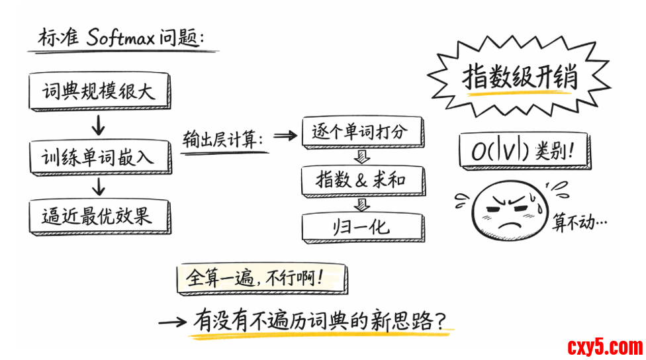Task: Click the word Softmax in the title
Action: pos(120,38)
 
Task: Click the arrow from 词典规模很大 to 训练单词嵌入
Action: pos(99,124)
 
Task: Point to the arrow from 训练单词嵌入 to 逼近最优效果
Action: pos(99,187)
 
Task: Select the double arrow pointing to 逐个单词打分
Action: pos(285,136)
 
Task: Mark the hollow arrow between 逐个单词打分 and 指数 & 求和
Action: pos(361,157)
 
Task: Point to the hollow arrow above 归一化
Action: pos(361,204)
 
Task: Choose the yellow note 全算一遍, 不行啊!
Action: pos(261,278)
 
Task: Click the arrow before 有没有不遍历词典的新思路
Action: pos(173,322)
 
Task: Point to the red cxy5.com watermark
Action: pos(604,346)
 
